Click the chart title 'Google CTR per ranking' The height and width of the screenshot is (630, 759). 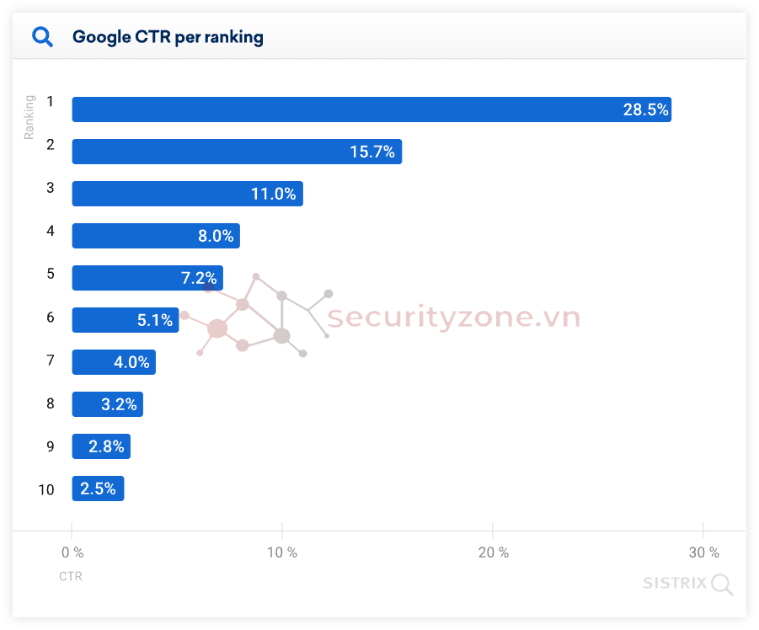pos(168,37)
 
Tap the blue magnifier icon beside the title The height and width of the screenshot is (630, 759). pos(42,37)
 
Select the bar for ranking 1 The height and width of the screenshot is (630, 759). pos(371,109)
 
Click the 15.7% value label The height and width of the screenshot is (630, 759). pos(372,152)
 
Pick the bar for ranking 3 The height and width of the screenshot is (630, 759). pos(187,194)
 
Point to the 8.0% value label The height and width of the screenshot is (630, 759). pos(216,236)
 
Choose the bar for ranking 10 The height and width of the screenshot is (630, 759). pos(98,489)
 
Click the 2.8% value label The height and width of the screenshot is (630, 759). pos(106,446)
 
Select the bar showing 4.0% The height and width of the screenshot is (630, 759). pos(114,362)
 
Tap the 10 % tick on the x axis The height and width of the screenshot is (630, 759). pos(281,553)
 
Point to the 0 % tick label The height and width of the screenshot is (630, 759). pos(72,553)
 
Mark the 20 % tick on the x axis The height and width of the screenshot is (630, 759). pos(492,553)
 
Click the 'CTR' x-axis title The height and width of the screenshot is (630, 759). pos(71,577)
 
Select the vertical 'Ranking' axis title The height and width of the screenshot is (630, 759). pos(29,117)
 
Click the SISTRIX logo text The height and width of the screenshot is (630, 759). pos(675,583)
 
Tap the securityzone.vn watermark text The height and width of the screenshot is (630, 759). pos(453,318)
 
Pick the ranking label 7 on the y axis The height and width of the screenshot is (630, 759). pos(50,360)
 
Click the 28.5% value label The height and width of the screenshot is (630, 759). pos(645,109)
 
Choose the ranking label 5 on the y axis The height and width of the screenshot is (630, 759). pos(50,274)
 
